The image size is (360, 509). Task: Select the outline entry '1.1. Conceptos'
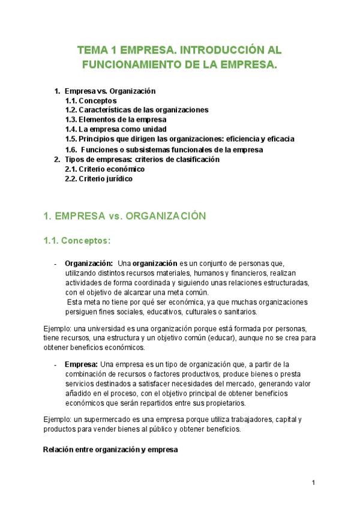click(91, 101)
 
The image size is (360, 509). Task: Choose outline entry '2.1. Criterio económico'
click(104, 169)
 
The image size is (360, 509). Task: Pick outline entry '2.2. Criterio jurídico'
click(98, 179)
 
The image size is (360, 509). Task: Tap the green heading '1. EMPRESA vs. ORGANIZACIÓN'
click(125, 215)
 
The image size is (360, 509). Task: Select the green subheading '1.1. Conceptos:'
click(77, 241)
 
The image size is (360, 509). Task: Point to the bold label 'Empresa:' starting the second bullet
click(82, 364)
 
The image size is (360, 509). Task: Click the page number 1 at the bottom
click(313, 483)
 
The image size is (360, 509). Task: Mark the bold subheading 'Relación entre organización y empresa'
click(111, 450)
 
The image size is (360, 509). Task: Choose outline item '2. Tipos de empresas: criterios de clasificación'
click(142, 160)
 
